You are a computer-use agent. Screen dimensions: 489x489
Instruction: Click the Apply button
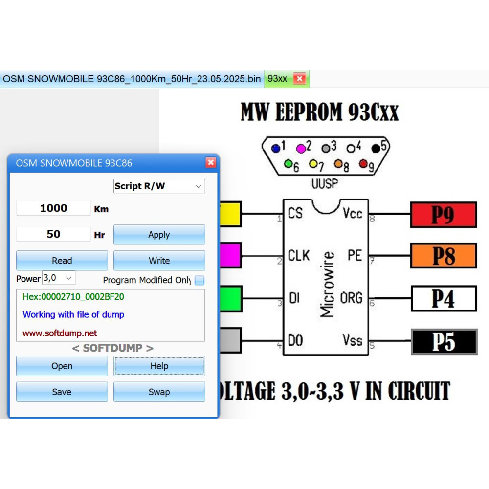159,235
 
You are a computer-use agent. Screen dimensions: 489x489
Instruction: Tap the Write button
159,261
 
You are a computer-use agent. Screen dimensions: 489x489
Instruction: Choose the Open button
62,366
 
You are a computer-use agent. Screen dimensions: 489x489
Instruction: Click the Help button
159,366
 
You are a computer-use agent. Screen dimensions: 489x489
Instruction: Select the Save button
62,392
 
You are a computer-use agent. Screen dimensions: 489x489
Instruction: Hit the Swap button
159,392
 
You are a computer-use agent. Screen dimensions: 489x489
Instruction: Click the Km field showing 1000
53,208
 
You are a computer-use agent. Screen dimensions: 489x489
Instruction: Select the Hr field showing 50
53,234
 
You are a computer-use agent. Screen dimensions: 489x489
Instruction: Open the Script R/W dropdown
159,186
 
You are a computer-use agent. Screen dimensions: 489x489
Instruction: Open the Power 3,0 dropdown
59,278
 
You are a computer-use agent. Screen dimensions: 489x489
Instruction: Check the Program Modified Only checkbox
200,280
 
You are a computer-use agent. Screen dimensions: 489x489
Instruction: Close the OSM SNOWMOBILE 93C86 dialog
211,162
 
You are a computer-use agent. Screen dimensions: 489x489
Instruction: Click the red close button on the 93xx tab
299,79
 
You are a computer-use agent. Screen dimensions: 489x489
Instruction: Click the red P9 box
444,215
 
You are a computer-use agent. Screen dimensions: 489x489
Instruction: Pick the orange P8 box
444,256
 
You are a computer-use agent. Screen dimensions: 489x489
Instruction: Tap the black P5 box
444,342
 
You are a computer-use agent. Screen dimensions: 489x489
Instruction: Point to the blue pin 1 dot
276,149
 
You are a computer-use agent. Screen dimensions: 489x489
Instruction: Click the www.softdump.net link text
60,333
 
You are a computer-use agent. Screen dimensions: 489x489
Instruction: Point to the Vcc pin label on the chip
353,213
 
